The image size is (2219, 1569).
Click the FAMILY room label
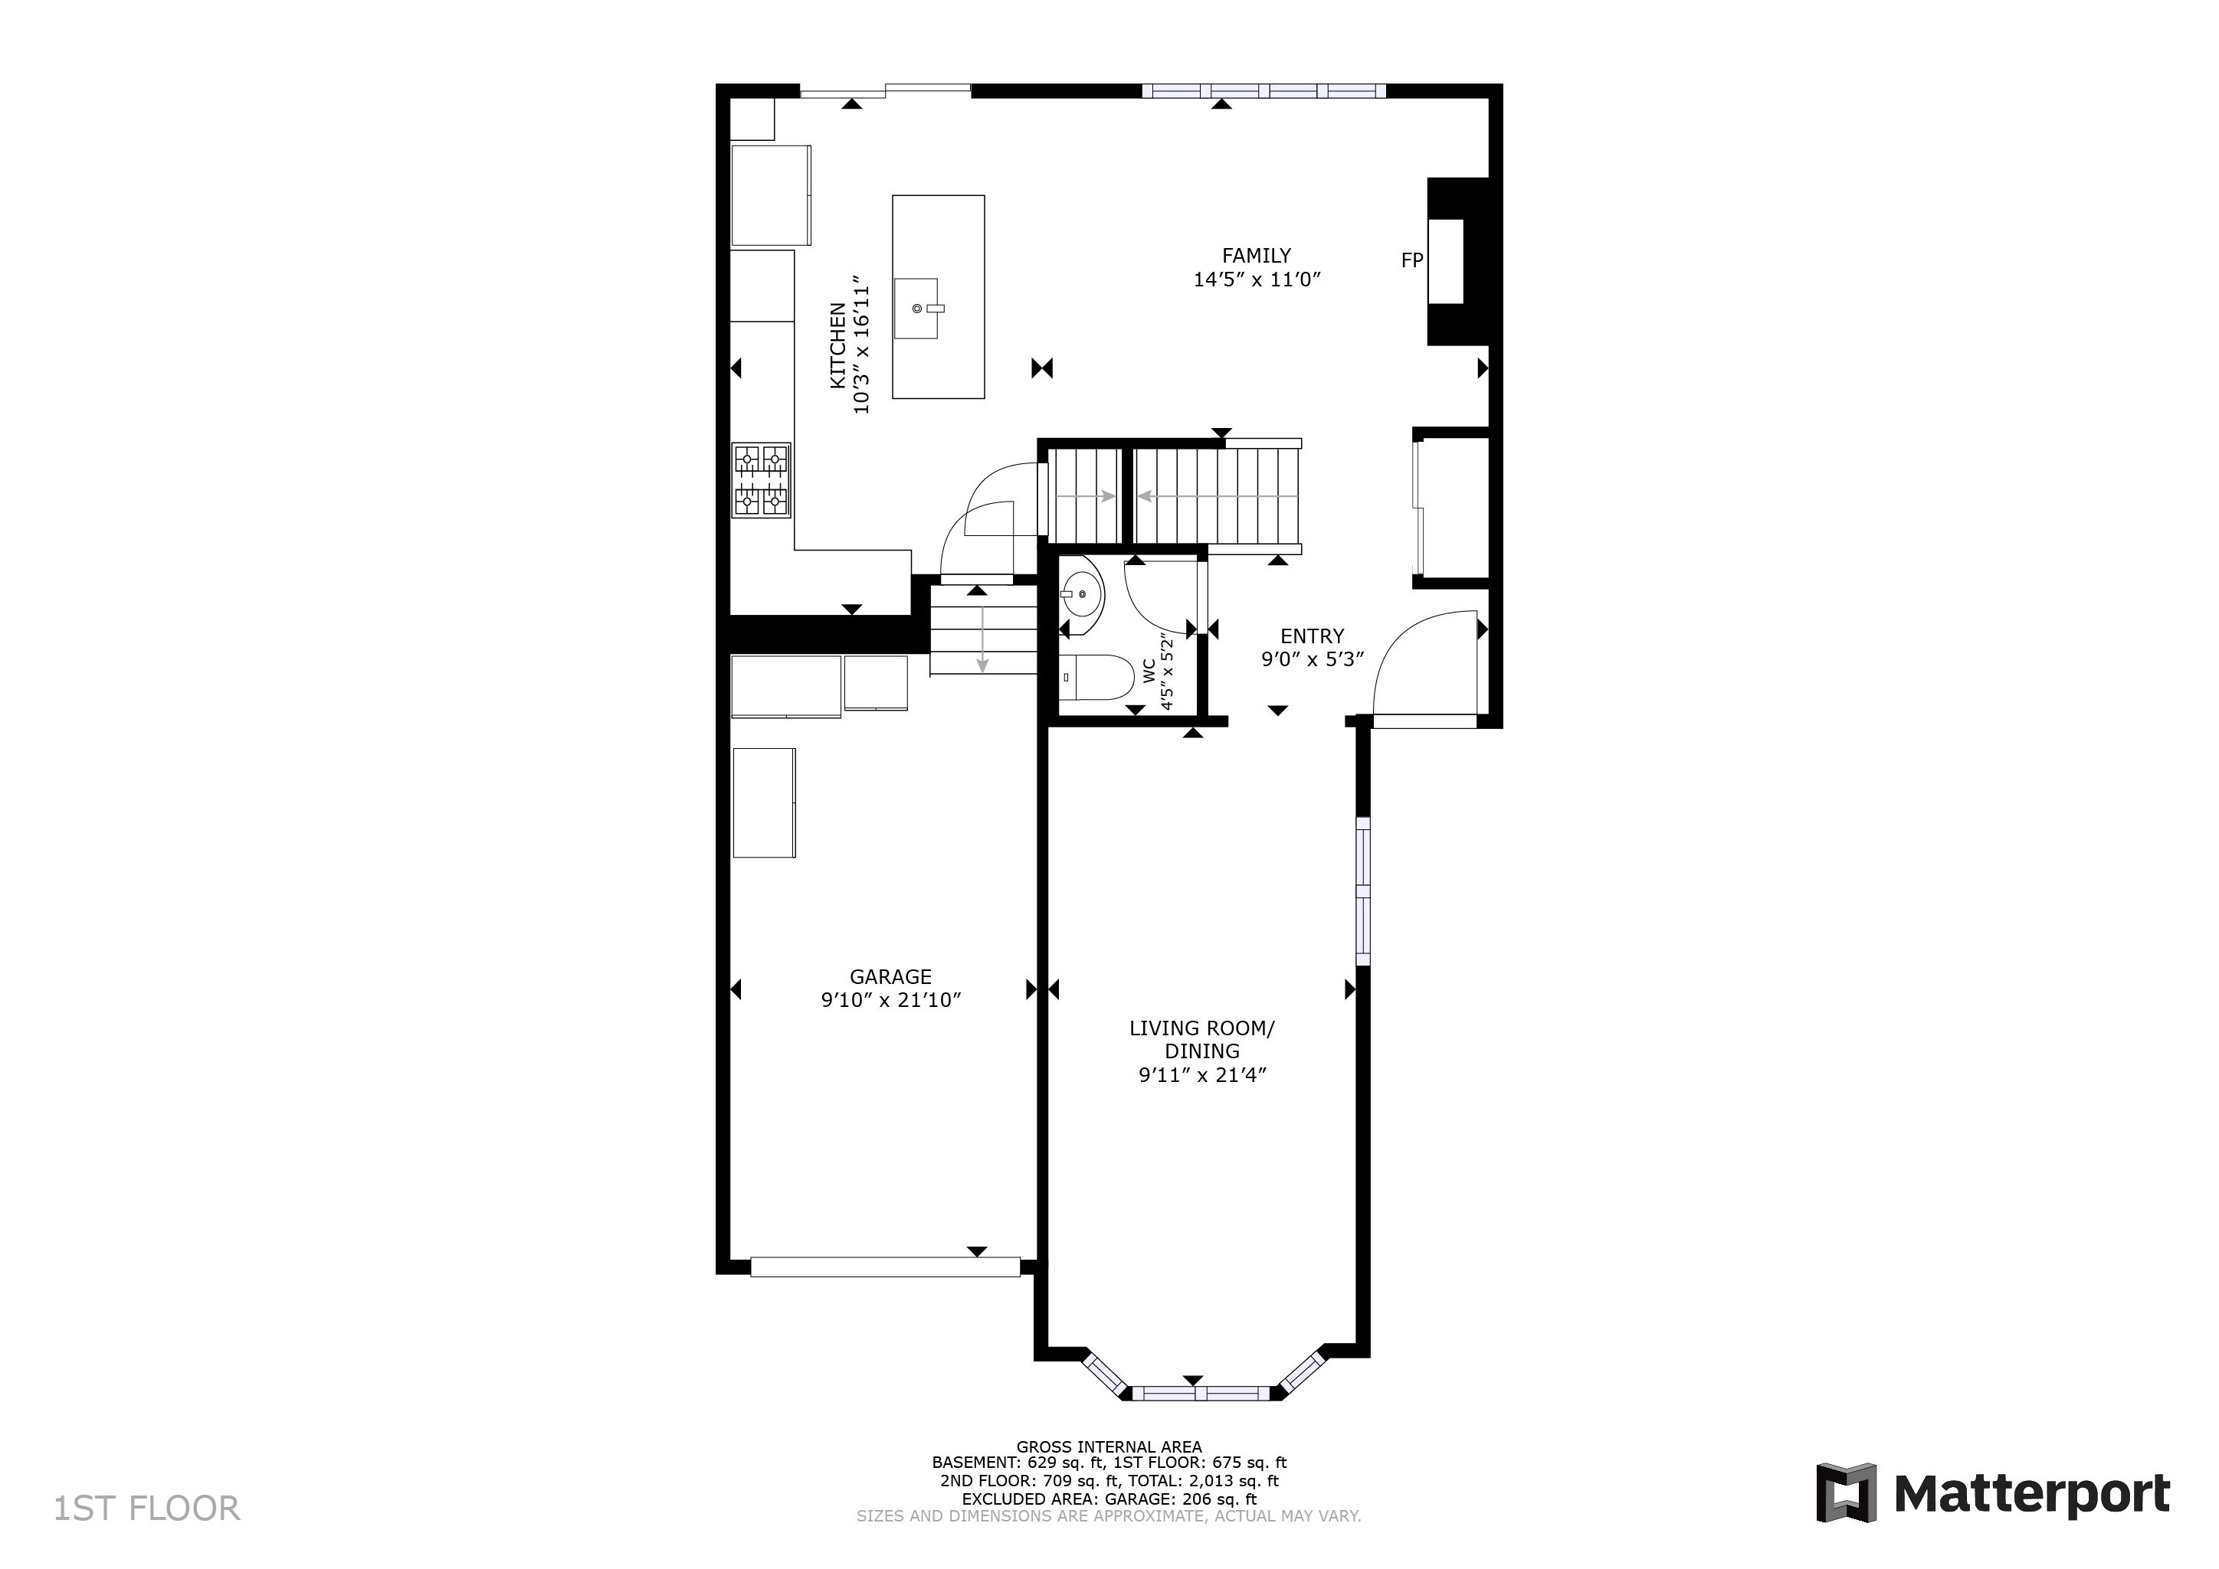point(1257,256)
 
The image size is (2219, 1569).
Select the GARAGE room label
point(891,977)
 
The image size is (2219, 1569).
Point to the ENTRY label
point(1313,636)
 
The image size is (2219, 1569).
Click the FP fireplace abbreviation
point(1412,260)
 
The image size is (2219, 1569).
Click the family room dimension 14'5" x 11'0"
point(1257,280)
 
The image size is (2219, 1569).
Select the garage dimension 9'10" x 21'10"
point(891,1001)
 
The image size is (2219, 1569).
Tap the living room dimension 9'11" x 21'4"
point(1202,1075)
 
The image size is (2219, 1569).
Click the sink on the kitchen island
point(916,308)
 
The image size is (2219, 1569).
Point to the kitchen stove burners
point(762,480)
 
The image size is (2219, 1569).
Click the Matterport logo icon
point(1846,1492)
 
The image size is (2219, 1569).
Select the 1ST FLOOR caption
point(147,1509)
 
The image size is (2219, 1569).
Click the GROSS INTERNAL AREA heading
point(1109,1447)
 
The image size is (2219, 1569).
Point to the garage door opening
point(885,1267)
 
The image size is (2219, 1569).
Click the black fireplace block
point(1458,262)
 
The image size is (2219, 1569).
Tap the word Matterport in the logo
point(2033,1495)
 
